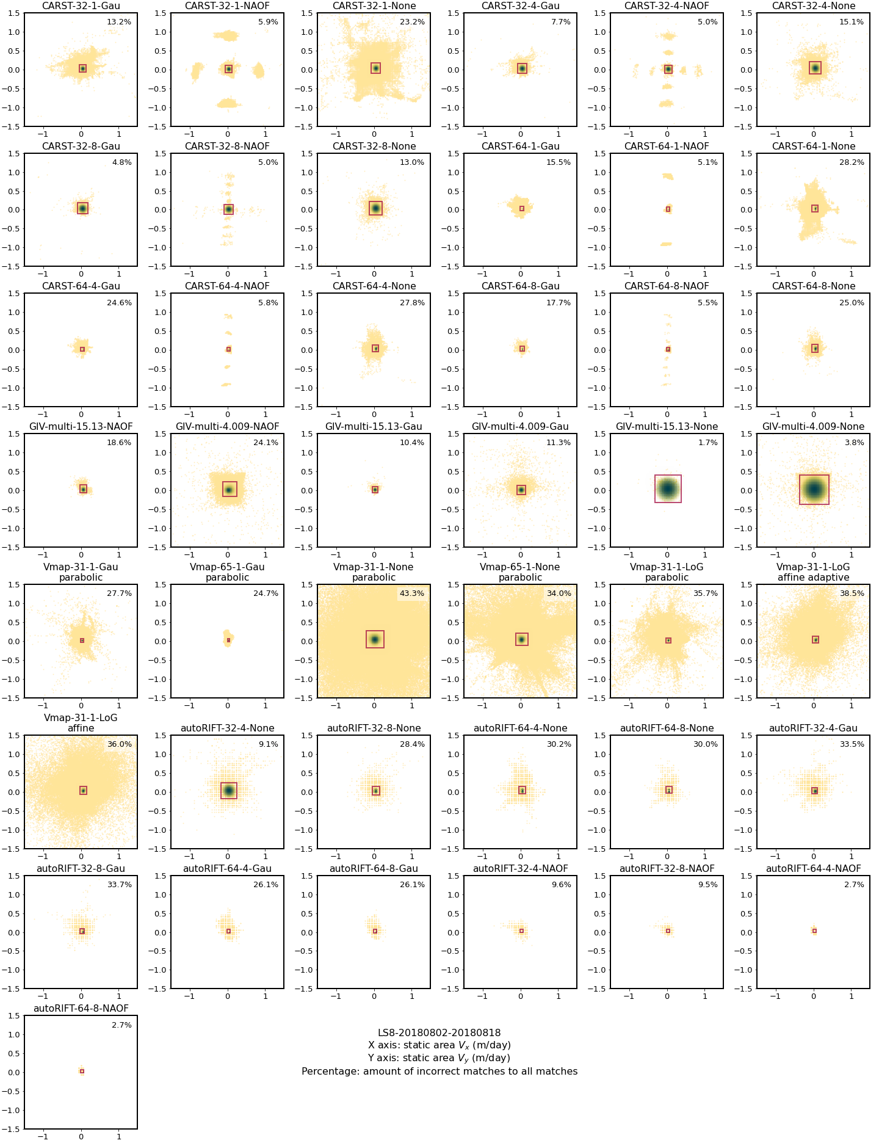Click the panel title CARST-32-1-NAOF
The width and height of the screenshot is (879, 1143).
[227, 6]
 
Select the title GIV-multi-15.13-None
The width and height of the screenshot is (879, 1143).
[667, 427]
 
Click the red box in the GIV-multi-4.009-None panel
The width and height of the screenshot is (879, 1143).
[814, 489]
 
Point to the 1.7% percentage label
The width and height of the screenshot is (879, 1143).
[708, 443]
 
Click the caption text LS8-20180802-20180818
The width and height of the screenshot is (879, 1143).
[439, 1032]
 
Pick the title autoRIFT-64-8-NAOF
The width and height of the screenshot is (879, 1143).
[81, 1008]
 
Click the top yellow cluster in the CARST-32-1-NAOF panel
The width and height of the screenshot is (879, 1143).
[228, 35]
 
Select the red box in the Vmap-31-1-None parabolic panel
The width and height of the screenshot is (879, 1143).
[375, 639]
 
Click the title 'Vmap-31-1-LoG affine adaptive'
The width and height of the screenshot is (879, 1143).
[813, 572]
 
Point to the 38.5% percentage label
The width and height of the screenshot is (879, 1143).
[852, 593]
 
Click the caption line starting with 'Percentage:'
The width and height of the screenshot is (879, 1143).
[439, 1071]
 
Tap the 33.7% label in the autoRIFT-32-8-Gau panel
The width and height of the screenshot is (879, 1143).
[120, 885]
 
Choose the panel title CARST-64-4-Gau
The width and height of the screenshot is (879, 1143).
[81, 286]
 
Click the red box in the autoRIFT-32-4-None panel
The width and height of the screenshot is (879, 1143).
[228, 790]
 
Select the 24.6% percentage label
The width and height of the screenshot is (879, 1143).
[120, 303]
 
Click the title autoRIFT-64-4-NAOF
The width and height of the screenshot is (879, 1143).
[813, 868]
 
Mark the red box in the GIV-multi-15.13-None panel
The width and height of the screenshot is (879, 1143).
[668, 488]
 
